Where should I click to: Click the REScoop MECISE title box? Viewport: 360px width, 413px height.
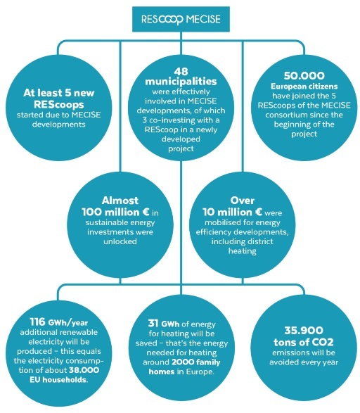[181, 19]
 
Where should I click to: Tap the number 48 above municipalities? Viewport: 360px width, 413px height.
[181, 71]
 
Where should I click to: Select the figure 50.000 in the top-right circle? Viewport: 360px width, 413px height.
[304, 76]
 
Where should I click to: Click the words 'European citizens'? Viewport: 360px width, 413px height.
[304, 87]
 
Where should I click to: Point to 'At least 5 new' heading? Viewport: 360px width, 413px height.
[58, 93]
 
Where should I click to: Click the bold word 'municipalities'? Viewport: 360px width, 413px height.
[181, 82]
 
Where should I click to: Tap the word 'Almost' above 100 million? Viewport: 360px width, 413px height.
[120, 201]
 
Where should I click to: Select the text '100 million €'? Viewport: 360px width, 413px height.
[116, 212]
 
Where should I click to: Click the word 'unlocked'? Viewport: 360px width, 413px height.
[120, 241]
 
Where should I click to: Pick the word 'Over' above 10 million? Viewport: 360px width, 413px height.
[243, 201]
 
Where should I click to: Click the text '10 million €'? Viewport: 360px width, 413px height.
[232, 212]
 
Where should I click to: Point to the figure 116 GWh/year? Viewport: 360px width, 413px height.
[58, 322]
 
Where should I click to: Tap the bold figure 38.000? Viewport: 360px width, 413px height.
[84, 370]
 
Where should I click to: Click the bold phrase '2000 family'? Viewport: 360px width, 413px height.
[196, 362]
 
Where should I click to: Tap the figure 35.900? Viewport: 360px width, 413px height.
[304, 330]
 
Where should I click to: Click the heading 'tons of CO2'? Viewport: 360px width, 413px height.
[304, 342]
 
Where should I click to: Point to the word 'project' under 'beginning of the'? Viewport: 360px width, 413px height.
[304, 134]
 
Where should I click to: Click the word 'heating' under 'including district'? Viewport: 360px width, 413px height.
[243, 250]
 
